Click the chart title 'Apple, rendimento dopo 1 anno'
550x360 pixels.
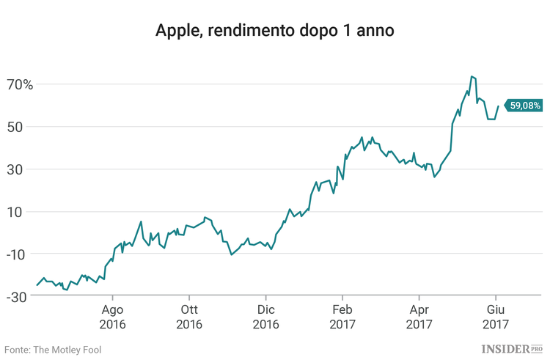[275, 32]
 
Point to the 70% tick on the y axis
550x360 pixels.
[20, 84]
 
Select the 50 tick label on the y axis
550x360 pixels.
[25, 127]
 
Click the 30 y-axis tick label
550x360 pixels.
[25, 169]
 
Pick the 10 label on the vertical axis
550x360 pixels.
[25, 212]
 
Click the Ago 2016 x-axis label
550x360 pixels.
[112, 316]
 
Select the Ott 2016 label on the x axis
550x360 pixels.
[188, 316]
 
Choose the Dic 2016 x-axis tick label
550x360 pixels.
[265, 316]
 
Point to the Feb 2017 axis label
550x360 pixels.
[342, 316]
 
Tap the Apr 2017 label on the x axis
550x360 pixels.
[419, 316]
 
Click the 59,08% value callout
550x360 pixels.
[525, 106]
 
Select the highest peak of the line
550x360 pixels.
[472, 76]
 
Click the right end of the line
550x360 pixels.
[499, 106]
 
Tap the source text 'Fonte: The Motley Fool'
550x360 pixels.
[53, 350]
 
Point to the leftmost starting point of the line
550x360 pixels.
[37, 284]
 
